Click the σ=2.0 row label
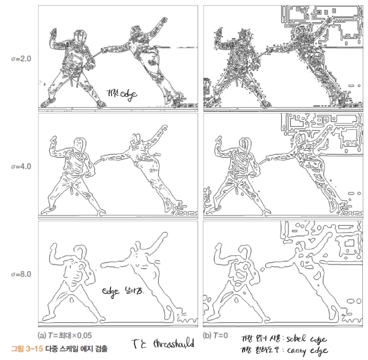click(x=21, y=59)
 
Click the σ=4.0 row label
click(x=21, y=166)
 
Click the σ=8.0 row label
click(x=21, y=274)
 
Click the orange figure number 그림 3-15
click(x=27, y=349)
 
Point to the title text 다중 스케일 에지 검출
click(x=76, y=349)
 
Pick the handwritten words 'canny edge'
click(x=308, y=351)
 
